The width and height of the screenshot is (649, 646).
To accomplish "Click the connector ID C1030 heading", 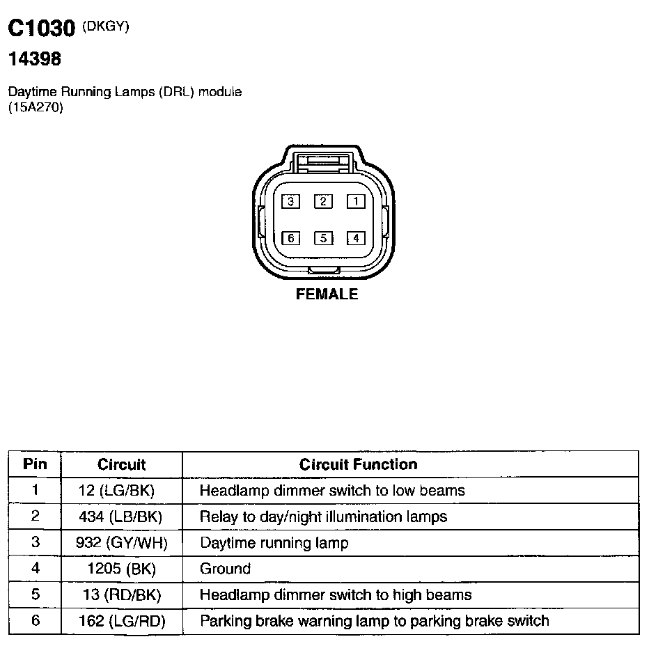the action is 41,29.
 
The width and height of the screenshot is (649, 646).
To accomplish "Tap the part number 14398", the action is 35,60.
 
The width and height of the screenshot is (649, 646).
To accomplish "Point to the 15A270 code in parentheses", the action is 36,108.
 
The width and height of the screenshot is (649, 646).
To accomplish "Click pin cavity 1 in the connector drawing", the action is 356,201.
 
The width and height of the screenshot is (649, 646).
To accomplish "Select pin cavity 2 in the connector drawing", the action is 323,201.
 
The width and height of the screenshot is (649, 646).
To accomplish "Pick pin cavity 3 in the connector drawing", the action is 290,201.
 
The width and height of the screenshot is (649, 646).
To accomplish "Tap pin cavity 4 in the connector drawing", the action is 356,238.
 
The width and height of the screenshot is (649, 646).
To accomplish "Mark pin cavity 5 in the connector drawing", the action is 323,238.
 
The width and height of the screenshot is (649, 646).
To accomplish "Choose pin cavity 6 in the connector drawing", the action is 290,238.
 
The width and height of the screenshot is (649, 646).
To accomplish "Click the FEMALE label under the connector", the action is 327,294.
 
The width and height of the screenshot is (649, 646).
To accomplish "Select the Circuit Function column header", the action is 358,464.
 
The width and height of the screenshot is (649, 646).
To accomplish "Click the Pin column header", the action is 35,464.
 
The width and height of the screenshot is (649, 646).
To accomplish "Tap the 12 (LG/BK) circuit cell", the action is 121,491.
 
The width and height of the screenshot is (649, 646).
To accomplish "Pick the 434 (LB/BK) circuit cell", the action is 121,517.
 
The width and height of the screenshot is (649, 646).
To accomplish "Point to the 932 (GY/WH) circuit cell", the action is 121,542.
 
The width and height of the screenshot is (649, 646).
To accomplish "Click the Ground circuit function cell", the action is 225,569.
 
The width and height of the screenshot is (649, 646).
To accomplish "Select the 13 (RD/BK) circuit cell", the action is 121,595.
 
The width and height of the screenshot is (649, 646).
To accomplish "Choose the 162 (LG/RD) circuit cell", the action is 121,621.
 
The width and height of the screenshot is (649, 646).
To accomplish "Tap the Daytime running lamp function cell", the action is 274,542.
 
